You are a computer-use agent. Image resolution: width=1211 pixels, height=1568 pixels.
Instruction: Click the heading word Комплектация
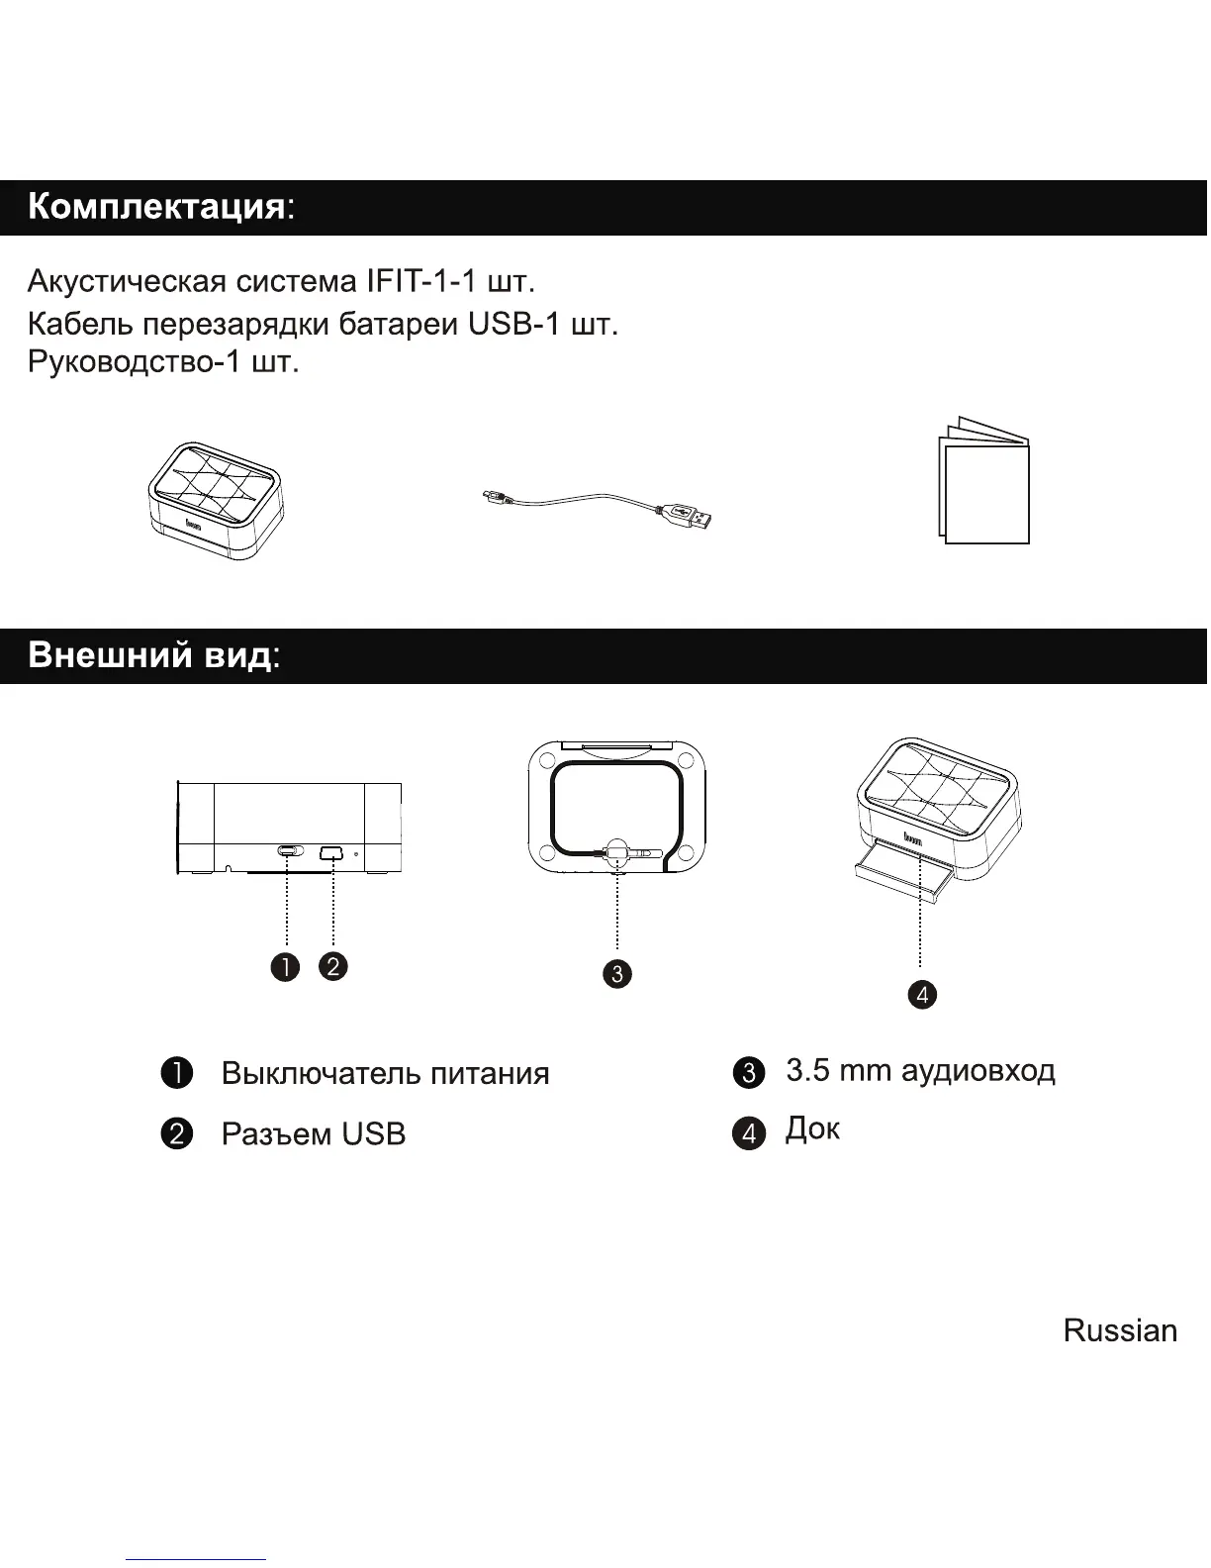[156, 207]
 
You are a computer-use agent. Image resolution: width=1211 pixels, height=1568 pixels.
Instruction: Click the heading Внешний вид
[149, 655]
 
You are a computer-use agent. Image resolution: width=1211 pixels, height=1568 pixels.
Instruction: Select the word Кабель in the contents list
[80, 324]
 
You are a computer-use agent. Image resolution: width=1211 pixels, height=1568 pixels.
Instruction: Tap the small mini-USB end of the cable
[490, 496]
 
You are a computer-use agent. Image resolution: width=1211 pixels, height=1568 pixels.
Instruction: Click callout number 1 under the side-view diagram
[286, 966]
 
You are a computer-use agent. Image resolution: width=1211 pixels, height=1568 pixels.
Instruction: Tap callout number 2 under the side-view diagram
[333, 966]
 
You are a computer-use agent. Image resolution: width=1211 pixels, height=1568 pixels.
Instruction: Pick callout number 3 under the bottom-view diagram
[616, 974]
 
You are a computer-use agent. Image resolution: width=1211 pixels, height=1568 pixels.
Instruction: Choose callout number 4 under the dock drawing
[921, 994]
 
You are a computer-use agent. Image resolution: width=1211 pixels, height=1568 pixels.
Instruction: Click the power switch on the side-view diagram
[288, 851]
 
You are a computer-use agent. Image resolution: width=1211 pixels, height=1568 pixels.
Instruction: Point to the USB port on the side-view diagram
[331, 851]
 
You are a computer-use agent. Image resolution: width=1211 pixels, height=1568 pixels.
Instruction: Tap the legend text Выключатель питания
[385, 1074]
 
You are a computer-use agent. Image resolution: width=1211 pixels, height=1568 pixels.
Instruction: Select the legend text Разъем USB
[313, 1134]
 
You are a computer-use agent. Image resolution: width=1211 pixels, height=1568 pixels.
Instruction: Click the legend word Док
[812, 1128]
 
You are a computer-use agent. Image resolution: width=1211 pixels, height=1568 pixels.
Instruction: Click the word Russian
[1120, 1330]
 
